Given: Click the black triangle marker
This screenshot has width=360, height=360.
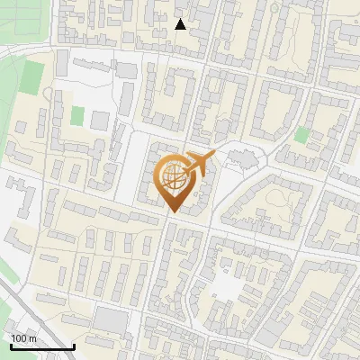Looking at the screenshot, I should pyautogui.click(x=181, y=24).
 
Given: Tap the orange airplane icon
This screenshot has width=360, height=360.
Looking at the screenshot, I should pyautogui.click(x=201, y=163).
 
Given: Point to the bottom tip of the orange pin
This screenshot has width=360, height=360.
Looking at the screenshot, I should pyautogui.click(x=172, y=211).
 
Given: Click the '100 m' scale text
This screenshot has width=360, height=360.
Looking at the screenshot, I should pyautogui.click(x=24, y=338).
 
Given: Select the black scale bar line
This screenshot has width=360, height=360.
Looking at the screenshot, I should pyautogui.click(x=42, y=346).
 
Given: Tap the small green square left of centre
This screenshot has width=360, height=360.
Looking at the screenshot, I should pyautogui.click(x=77, y=116).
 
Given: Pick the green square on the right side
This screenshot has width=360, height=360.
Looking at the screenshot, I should pyautogui.click(x=301, y=135).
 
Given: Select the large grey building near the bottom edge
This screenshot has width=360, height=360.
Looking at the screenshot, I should pyautogui.click(x=111, y=319).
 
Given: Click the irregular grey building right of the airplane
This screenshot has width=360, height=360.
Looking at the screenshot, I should pyautogui.click(x=242, y=160).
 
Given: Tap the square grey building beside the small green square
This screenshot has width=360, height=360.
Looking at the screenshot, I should pyautogui.click(x=100, y=120).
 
